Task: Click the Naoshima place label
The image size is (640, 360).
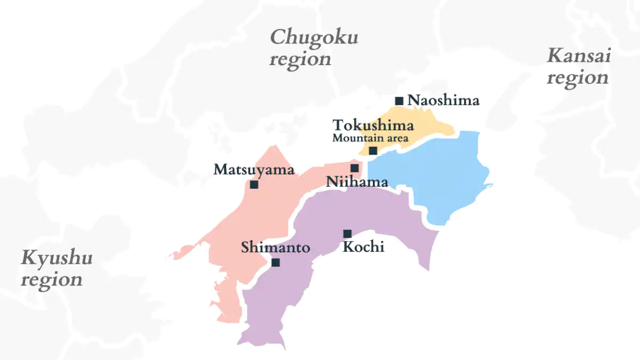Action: [x=443, y=100]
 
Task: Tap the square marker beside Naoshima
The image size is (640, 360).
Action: [x=399, y=101]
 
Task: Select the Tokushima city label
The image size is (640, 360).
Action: [x=373, y=125]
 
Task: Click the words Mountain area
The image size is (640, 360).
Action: [x=370, y=138]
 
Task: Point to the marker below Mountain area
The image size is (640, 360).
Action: [x=373, y=151]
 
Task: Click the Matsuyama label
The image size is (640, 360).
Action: [x=254, y=170]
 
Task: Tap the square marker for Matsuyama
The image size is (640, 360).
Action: [x=254, y=185]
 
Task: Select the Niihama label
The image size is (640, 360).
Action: [x=357, y=182]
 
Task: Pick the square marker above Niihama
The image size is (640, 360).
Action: [x=355, y=168]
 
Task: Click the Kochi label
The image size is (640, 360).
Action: [x=363, y=247]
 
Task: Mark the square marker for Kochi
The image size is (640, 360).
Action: [x=347, y=234]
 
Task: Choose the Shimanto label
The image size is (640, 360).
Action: [x=275, y=248]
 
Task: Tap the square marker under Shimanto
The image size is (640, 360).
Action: [x=275, y=262]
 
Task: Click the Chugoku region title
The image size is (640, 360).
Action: [x=314, y=48]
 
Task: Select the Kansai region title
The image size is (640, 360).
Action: [x=578, y=67]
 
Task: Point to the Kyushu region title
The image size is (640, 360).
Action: [x=56, y=268]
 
